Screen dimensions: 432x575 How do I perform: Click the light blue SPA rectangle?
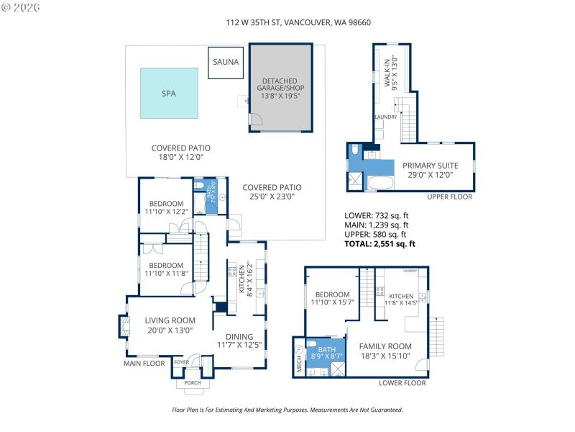coord(169,93)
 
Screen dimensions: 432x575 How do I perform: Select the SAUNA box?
coord(226,62)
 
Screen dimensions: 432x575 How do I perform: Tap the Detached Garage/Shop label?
coord(281,88)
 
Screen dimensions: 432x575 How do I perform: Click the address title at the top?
coord(287,22)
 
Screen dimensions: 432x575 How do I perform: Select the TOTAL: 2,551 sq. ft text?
coord(381,244)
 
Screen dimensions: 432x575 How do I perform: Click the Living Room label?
coord(170,325)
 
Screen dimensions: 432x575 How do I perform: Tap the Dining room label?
coord(240,341)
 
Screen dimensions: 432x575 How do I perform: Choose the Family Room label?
coord(385,351)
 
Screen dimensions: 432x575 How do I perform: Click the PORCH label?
coord(193,382)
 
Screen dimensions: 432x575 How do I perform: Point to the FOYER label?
coord(180,362)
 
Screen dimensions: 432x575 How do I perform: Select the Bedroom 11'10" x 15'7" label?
coord(332,299)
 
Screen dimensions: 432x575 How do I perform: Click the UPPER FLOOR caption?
coord(449,196)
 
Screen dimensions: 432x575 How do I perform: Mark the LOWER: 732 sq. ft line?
coord(377,215)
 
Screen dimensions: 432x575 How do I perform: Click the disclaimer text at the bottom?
coord(287,410)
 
